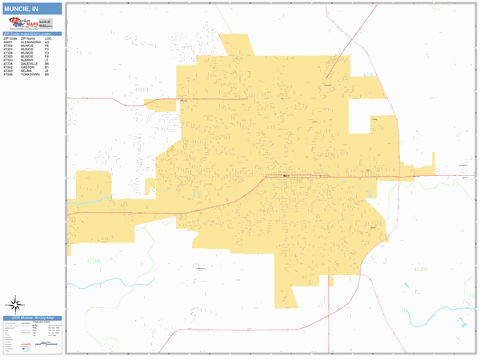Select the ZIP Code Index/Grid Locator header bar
coord(32,34)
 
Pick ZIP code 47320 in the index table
coord(10,60)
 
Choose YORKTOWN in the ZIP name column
coord(30,74)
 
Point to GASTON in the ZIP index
coord(26,67)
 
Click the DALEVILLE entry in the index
coord(29,64)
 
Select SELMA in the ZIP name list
coord(26,71)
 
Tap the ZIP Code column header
coord(10,38)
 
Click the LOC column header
coord(48,38)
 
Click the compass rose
coord(14,303)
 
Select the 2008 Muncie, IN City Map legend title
coord(32,318)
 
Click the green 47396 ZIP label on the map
coord(94,261)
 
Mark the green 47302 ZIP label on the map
coord(420,270)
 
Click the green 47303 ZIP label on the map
coord(369,74)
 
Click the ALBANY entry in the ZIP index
coord(27,60)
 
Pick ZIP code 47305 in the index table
coord(10,57)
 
